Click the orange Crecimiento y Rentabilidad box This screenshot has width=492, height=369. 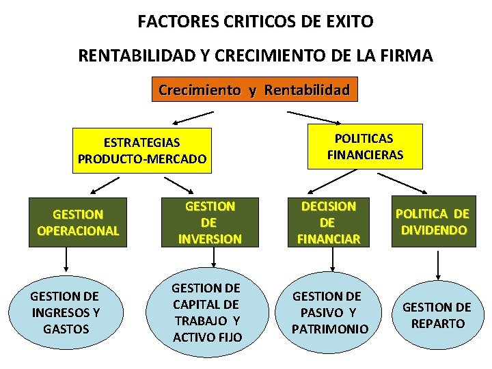pos(254,90)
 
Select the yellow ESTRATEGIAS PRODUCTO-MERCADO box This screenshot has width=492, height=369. pos(142,150)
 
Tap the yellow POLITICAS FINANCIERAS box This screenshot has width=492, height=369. pos(365,146)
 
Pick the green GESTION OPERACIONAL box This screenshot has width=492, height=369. pos(78,223)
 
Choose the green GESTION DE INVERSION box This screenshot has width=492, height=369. pos(210,223)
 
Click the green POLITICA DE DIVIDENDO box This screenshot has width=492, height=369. pos(432,221)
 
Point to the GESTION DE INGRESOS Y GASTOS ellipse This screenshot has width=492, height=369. pos(65,312)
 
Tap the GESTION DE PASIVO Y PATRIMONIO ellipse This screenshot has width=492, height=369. pos(330,312)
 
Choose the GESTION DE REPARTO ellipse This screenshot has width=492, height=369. pos(437,315)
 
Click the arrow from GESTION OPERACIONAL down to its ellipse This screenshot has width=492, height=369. pos(66,258)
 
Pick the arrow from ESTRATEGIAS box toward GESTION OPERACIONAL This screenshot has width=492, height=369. pos(105,185)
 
